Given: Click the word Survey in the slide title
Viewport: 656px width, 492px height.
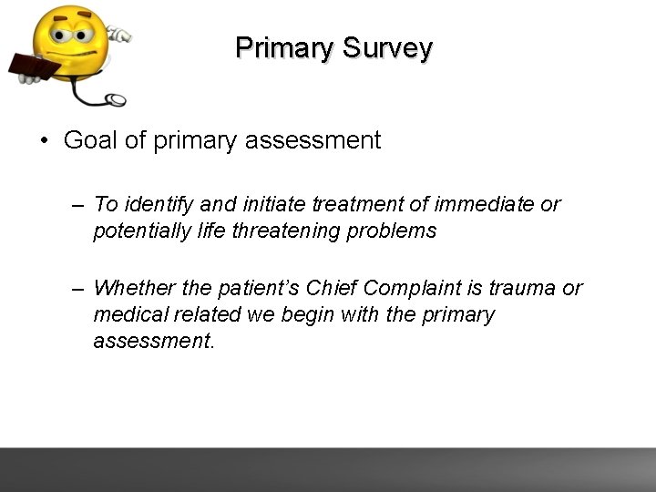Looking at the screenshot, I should (388, 47).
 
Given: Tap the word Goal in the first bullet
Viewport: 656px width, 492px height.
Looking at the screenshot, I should (90, 140).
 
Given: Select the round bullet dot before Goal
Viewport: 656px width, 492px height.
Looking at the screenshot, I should (44, 141).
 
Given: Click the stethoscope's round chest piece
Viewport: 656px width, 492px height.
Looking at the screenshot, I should (115, 98).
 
